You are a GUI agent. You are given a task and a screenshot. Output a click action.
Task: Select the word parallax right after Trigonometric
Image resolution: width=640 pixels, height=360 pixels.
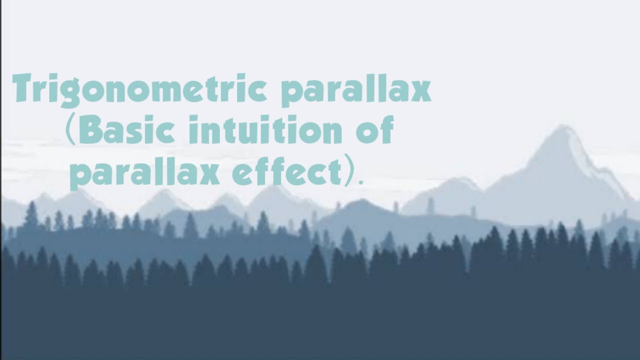[x=356, y=91]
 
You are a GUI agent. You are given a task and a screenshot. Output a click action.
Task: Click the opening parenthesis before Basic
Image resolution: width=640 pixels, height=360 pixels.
[x=70, y=131]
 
